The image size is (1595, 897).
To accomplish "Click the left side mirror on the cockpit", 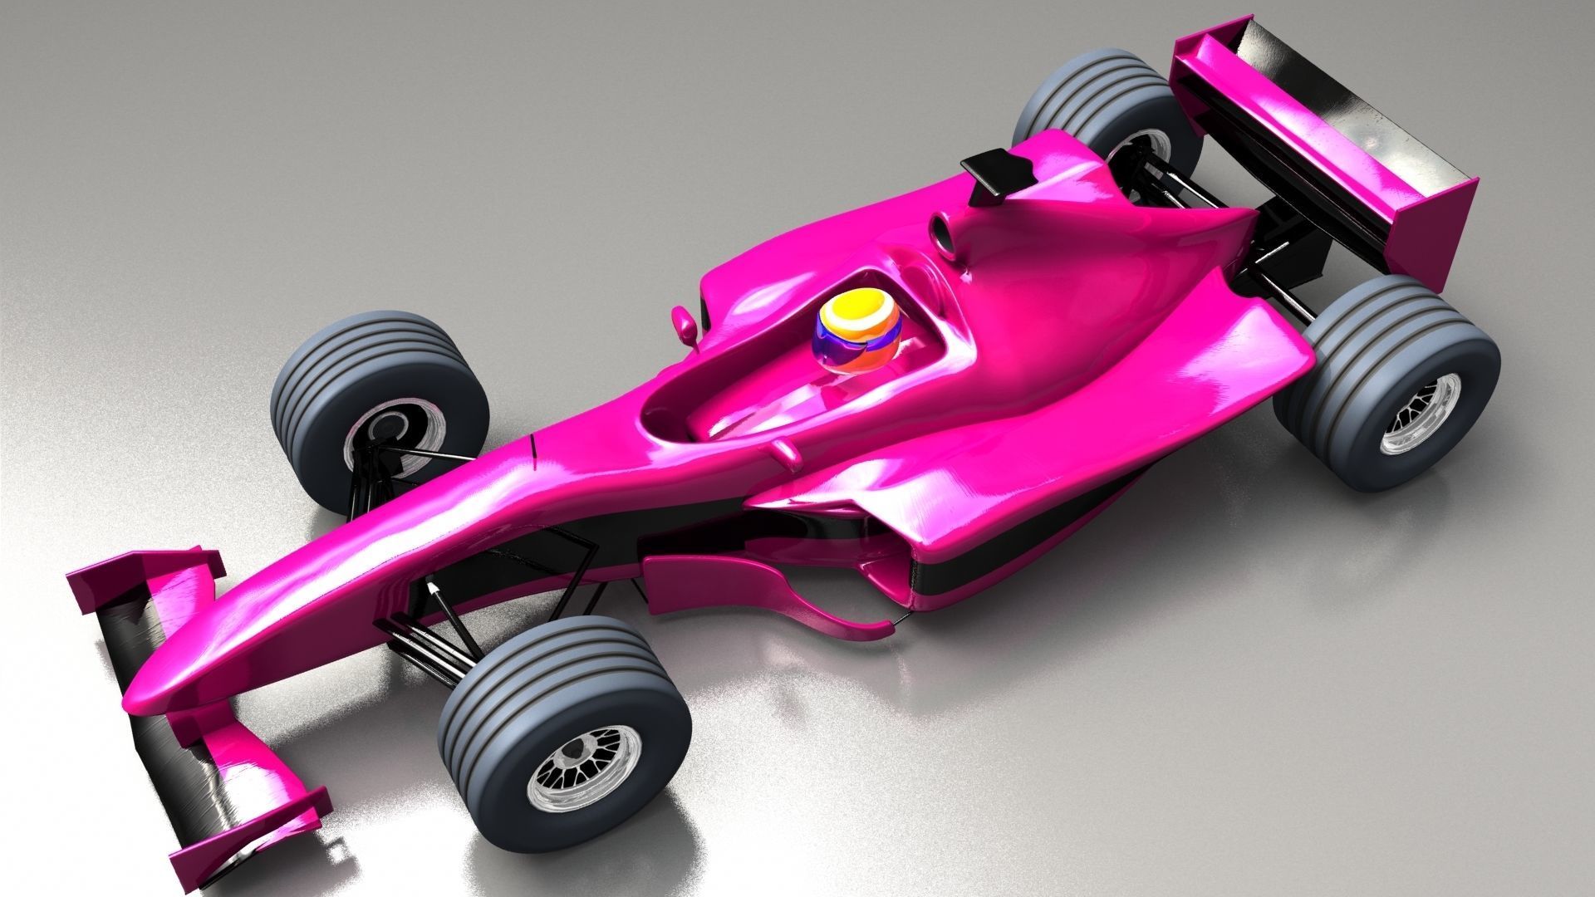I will [686, 324].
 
